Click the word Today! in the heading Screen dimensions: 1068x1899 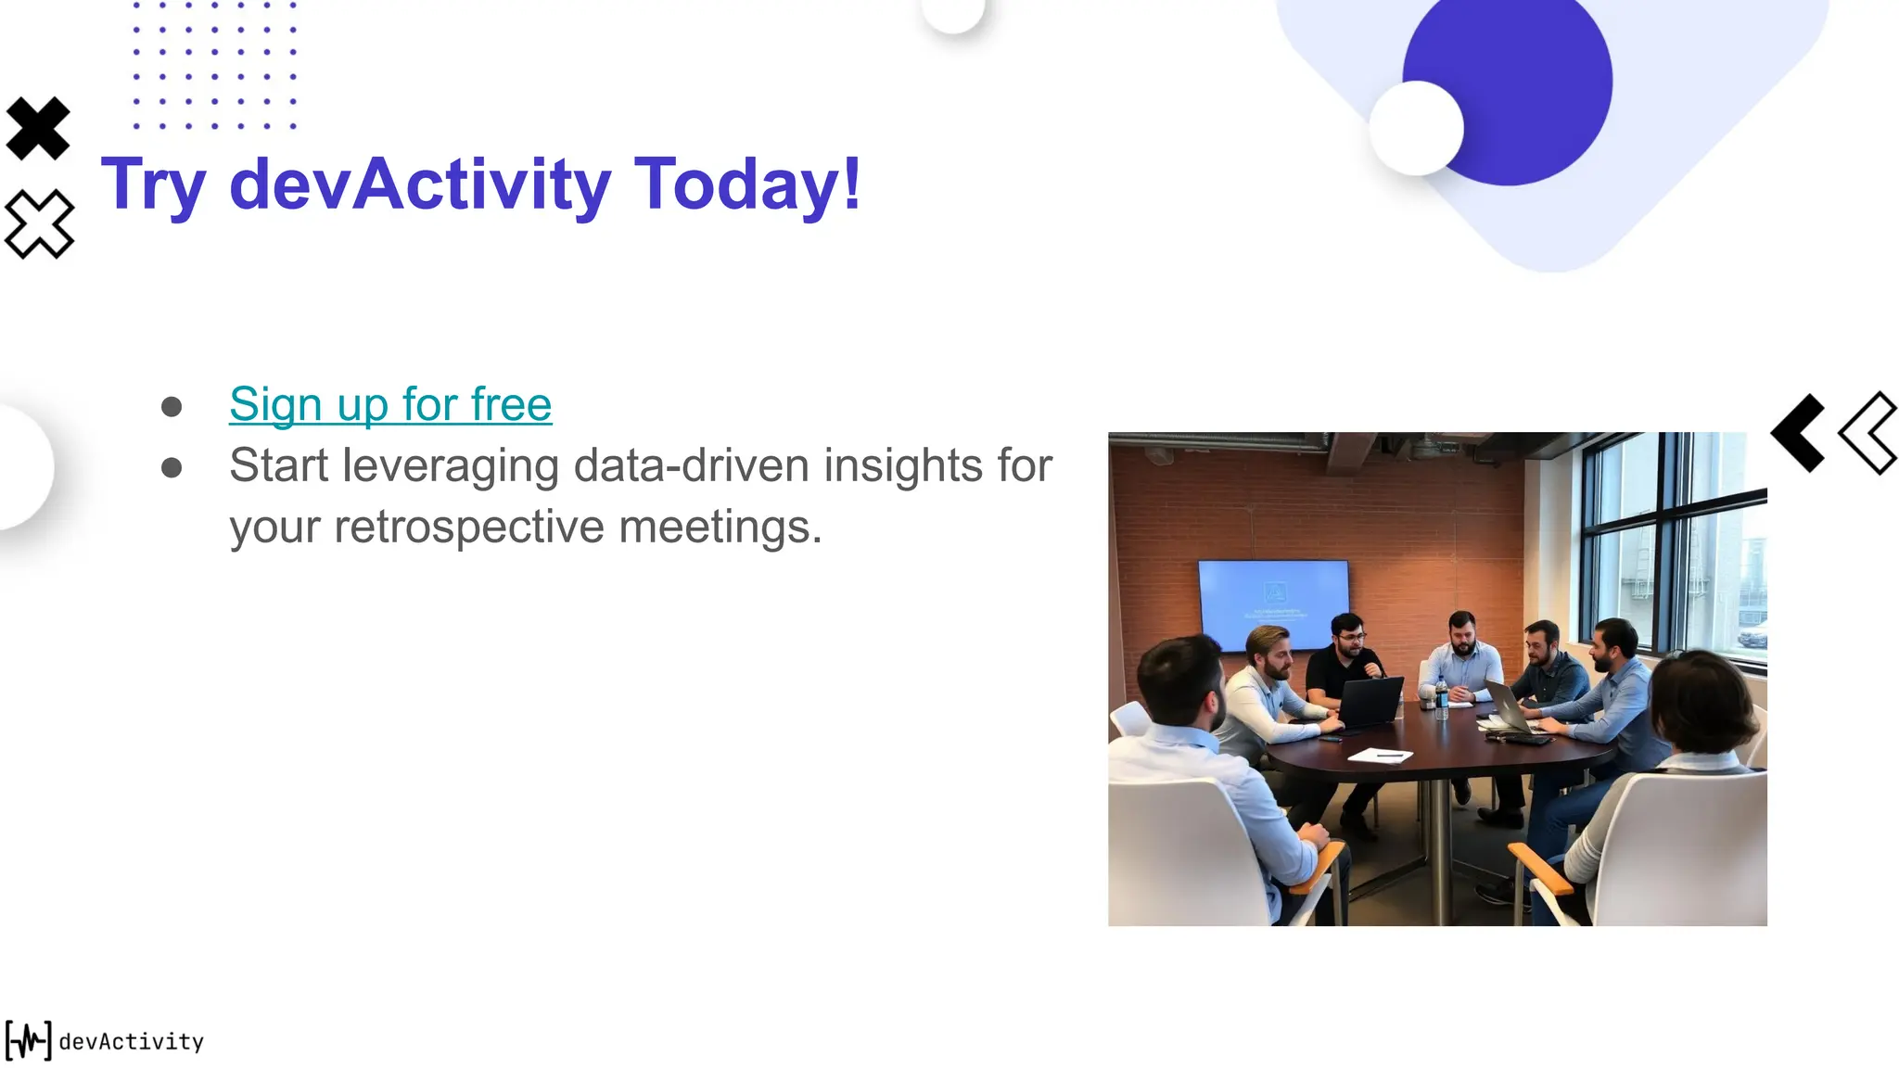747,184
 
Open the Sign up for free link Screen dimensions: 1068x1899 390,404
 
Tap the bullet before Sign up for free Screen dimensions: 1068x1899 172,407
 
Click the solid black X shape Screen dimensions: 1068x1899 38,128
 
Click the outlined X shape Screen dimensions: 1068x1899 39,223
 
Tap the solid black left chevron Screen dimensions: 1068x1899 1799,433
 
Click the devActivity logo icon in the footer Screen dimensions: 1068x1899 29,1040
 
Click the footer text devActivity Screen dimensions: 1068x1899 131,1042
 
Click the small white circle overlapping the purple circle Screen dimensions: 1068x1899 1415,128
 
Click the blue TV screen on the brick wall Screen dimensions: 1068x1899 1273,603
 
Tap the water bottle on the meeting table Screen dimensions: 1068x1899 1441,699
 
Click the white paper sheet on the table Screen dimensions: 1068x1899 1380,756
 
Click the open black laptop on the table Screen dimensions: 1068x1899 1370,703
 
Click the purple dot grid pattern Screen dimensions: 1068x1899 214,65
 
